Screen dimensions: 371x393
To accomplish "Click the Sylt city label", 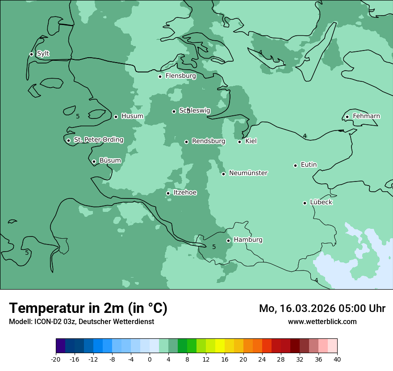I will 43,54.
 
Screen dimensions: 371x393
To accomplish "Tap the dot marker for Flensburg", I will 160,76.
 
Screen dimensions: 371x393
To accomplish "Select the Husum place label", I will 132,116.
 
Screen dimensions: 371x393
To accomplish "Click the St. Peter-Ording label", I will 98,140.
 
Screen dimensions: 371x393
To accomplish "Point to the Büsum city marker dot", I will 94,162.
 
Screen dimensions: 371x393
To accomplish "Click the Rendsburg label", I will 208,141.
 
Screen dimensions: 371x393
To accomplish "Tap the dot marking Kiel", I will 239,142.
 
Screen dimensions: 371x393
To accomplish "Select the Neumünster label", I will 248,173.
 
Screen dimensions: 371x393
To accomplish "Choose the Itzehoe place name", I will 184,193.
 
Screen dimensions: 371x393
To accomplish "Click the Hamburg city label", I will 248,240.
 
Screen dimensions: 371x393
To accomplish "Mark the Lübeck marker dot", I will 305,203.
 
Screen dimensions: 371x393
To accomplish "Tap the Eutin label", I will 309,165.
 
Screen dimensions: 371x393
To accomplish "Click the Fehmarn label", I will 366,116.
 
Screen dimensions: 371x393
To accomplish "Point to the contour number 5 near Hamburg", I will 214,247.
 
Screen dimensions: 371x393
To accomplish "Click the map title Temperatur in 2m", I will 88,308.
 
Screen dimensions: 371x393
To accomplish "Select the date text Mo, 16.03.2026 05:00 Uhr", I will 322,308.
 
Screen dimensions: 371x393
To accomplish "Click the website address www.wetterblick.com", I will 322,321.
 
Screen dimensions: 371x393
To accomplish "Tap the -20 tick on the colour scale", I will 56,359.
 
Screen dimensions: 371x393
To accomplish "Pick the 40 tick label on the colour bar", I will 337,359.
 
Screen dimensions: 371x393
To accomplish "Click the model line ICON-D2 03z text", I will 81,321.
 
